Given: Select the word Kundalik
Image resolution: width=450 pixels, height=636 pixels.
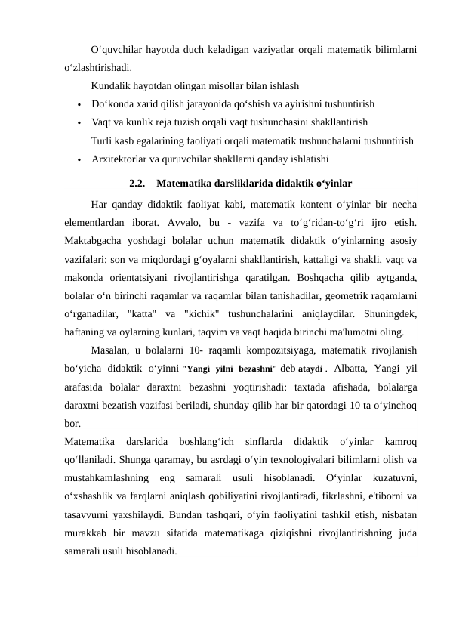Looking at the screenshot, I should pyautogui.click(x=109, y=86).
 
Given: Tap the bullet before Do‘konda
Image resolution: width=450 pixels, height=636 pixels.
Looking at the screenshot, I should pyautogui.click(x=79, y=103).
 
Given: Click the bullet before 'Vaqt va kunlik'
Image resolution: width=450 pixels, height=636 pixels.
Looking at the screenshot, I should pyautogui.click(x=79, y=122).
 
